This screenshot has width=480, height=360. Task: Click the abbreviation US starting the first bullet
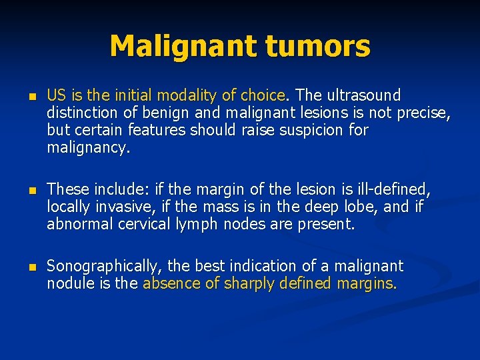(x=55, y=95)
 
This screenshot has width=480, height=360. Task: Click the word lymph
(x=194, y=225)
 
